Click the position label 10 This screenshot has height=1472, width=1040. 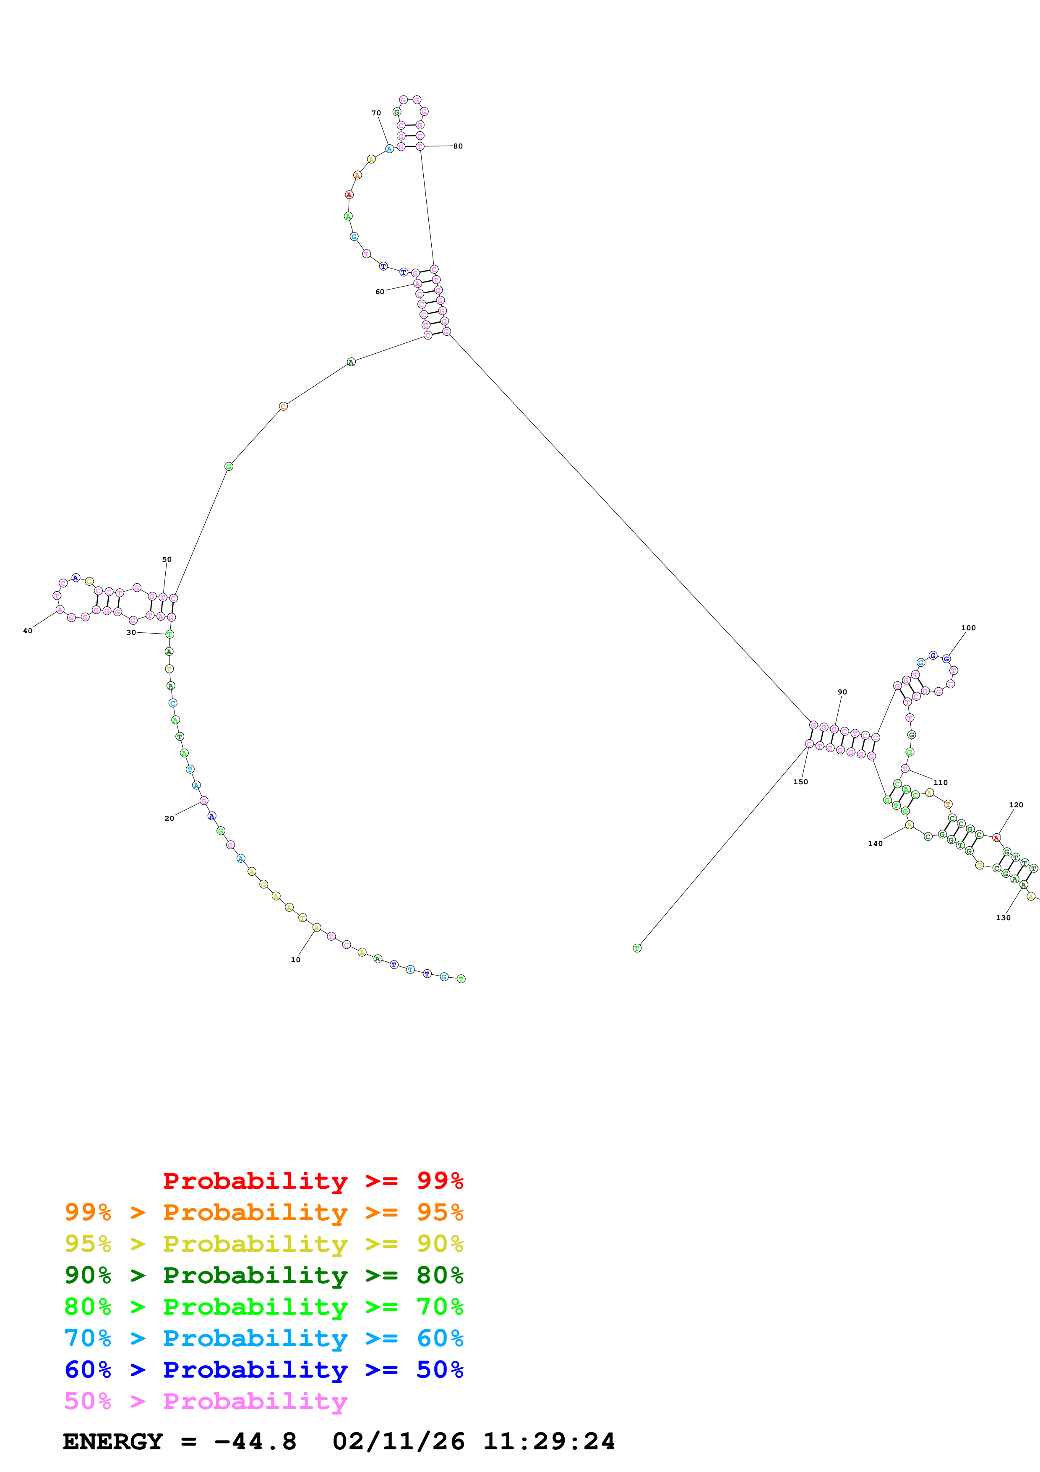coord(295,960)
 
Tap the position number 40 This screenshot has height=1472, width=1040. coord(28,631)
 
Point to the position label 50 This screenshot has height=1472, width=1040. coord(167,560)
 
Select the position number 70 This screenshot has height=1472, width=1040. coord(376,113)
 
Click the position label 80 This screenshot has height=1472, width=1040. coord(458,146)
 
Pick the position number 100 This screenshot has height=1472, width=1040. coord(968,628)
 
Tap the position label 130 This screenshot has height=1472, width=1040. coord(1003,918)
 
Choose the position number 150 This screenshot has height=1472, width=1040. coord(800,782)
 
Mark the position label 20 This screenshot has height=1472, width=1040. coord(169,819)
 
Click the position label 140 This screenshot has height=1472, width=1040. coord(875,844)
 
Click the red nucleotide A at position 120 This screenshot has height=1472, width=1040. coord(996,838)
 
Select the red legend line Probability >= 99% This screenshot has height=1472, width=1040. coord(313,1181)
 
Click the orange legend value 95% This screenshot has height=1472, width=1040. coord(440,1212)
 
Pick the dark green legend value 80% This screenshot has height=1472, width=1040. coord(440,1275)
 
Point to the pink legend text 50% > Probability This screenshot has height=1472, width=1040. coord(206,1402)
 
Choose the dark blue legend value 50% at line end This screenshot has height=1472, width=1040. coord(440,1370)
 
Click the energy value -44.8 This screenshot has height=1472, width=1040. coord(255,1442)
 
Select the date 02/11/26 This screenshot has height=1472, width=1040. coord(399,1442)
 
